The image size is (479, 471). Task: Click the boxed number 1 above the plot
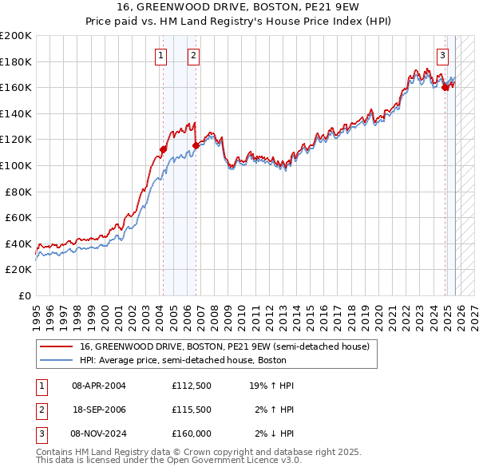click(161, 55)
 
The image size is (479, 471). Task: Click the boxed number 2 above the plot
click(193, 55)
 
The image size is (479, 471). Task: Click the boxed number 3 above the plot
click(442, 55)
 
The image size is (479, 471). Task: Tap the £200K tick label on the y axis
click(16, 36)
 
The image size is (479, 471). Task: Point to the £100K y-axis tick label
click(16, 165)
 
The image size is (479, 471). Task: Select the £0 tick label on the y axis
click(25, 295)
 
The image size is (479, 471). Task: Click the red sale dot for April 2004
click(163, 149)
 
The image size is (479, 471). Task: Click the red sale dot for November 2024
click(445, 88)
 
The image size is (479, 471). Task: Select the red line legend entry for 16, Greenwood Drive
click(224, 347)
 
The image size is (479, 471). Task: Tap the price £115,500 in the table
click(191, 409)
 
